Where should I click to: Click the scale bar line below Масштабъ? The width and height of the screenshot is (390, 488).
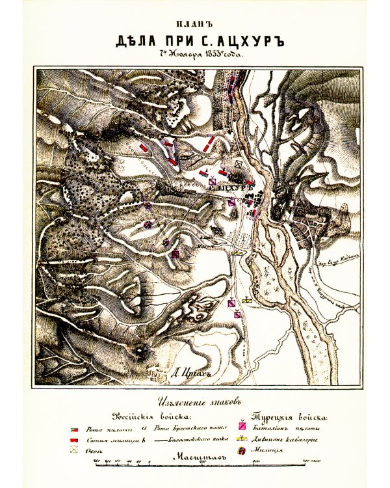click(x=195, y=463)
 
